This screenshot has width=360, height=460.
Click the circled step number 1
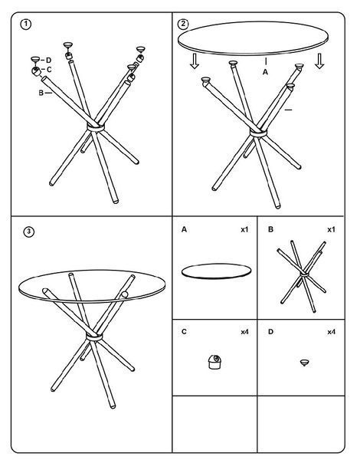tap(26, 24)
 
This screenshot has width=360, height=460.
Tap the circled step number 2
tap(183, 24)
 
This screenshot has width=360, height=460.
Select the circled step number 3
tap(29, 232)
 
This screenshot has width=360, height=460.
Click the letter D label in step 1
tap(48, 60)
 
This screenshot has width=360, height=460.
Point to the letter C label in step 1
tap(49, 70)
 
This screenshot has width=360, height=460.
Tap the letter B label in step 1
tap(41, 93)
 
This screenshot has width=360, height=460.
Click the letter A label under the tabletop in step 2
tap(265, 72)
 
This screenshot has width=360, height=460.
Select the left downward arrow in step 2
tap(194, 61)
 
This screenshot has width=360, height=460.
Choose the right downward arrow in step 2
tap(319, 61)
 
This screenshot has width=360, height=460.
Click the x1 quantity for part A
tap(244, 229)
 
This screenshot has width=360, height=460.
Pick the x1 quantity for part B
tap(331, 229)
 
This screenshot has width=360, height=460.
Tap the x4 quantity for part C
tap(244, 332)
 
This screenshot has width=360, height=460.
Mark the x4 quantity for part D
tap(331, 332)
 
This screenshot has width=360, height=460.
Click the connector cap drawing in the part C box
tap(214, 362)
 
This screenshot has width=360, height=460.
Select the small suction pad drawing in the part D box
tap(305, 363)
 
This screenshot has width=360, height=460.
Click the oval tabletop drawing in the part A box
tap(216, 271)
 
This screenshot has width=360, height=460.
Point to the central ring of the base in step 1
tap(96, 128)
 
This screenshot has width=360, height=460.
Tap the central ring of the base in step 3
tap(94, 337)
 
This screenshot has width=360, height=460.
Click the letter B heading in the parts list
tap(270, 229)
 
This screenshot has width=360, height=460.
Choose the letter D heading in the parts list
tap(270, 332)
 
